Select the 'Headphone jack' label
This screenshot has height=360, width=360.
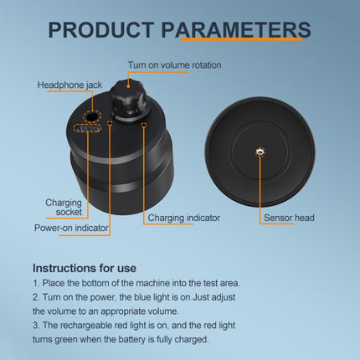coord(69,85)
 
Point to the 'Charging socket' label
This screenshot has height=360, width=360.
coord(64,207)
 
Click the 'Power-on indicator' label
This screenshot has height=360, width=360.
coord(70,227)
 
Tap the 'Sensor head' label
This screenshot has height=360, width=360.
coord(290,218)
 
